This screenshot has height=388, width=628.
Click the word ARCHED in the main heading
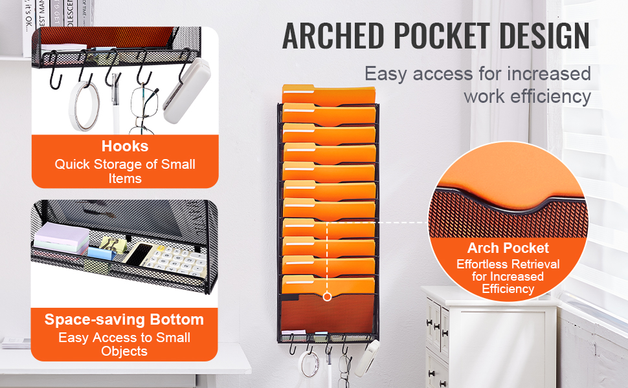point(333,36)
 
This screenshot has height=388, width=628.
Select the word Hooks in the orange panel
point(125,146)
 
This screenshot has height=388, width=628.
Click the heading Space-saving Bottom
point(124,319)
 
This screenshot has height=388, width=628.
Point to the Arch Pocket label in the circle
point(508,248)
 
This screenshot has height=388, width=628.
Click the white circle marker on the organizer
point(327,296)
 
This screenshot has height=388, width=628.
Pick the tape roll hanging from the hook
point(84,106)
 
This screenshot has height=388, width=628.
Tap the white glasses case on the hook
point(186,91)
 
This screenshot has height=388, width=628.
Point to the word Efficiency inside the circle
point(508,289)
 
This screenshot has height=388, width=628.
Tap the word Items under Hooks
point(125,178)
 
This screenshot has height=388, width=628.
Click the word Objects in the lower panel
point(124,351)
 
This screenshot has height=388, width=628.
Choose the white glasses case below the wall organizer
point(367,358)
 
